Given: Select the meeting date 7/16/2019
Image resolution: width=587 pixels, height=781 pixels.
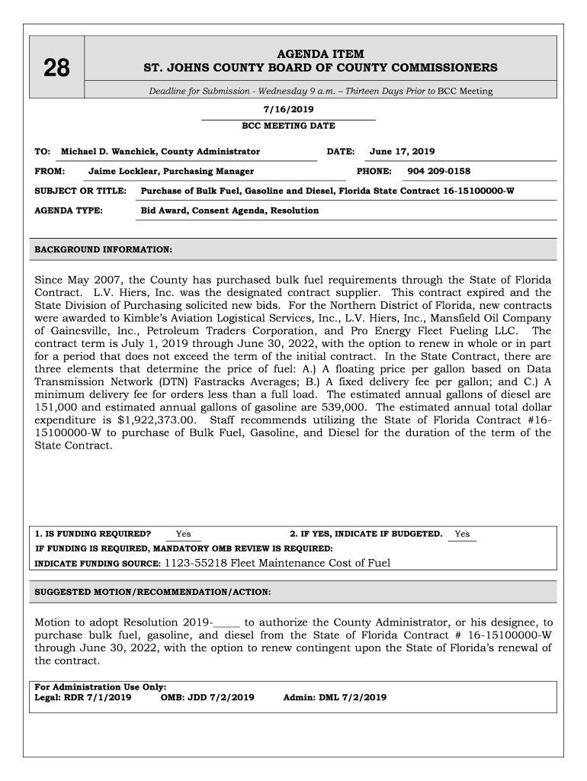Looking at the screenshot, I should (287, 109).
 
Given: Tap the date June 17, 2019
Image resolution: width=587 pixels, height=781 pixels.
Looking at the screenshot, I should (402, 152).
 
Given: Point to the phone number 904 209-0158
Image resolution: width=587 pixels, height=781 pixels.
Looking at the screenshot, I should (438, 172).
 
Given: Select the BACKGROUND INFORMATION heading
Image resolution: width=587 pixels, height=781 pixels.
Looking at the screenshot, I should (104, 249).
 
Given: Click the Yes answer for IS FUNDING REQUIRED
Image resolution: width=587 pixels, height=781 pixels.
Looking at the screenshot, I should (183, 534).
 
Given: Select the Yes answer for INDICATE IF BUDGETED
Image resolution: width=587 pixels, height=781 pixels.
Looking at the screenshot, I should (462, 534).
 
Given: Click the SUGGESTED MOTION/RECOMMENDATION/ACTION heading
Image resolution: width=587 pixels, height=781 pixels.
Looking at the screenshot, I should (152, 592).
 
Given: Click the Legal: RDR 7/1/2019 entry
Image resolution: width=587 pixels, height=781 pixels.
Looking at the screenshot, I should (83, 697).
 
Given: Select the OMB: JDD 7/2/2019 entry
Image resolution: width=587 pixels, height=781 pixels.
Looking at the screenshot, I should (207, 697).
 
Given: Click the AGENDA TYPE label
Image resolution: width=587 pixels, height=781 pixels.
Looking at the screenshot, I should (69, 211).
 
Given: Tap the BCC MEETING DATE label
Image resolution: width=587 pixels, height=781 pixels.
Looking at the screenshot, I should (288, 126).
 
